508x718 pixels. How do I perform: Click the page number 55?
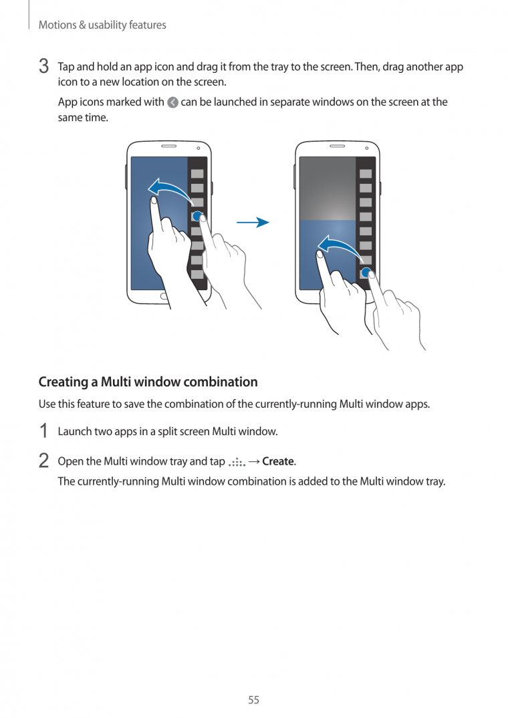pyautogui.click(x=253, y=700)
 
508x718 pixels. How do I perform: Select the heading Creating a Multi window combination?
pyautogui.click(x=148, y=382)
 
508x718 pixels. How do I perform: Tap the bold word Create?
pyautogui.click(x=278, y=461)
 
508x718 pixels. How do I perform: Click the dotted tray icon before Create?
pyautogui.click(x=237, y=462)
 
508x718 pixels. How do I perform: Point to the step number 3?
pyautogui.click(x=43, y=67)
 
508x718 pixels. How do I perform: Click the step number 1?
pyautogui.click(x=43, y=431)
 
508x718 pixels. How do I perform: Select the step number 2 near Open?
pyautogui.click(x=43, y=461)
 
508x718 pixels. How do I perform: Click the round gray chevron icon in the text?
pyautogui.click(x=172, y=102)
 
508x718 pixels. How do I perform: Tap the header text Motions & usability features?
pyautogui.click(x=102, y=25)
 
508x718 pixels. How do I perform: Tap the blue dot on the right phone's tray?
pyautogui.click(x=366, y=273)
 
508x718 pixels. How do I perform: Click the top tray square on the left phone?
pyautogui.click(x=197, y=173)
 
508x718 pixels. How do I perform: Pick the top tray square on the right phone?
pyautogui.click(x=365, y=173)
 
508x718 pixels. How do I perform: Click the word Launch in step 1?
pyautogui.click(x=74, y=431)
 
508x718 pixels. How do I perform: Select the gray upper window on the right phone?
pyautogui.click(x=327, y=189)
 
